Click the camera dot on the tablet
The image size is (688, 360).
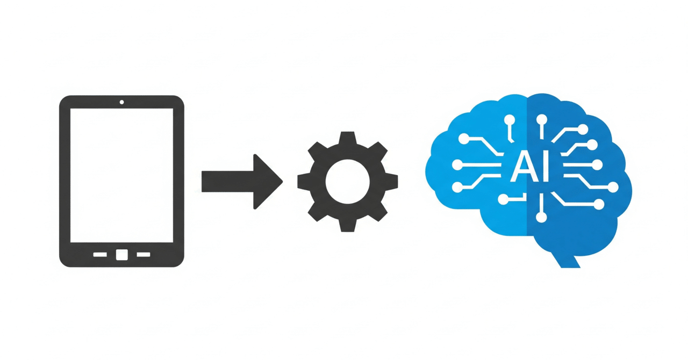(x=121, y=102)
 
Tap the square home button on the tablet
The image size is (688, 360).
(x=122, y=255)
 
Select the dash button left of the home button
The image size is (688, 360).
(x=100, y=255)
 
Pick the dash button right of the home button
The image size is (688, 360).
(x=144, y=255)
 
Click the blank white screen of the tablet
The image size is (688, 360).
(x=121, y=175)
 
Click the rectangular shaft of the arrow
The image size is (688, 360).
(x=227, y=182)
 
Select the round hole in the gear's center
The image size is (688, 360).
(x=347, y=181)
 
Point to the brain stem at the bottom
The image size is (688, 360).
(x=566, y=260)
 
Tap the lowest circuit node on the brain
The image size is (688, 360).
(x=541, y=218)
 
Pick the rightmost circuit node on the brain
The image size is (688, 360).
(x=613, y=187)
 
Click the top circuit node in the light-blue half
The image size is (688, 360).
(x=510, y=119)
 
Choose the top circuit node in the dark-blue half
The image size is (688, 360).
(x=541, y=119)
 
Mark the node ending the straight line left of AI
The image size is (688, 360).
(x=457, y=165)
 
